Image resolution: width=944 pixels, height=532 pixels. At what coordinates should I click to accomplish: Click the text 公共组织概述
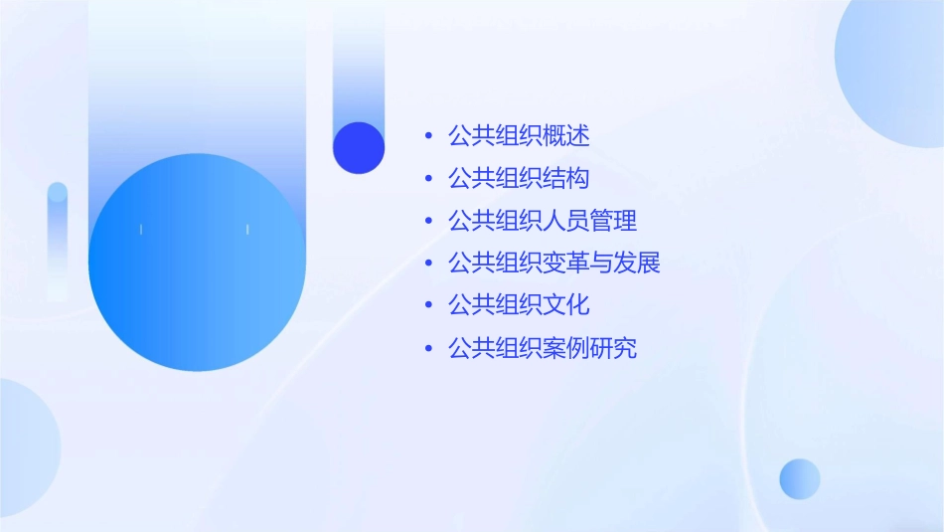519,135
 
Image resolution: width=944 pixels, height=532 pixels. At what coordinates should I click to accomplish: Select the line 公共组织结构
519,178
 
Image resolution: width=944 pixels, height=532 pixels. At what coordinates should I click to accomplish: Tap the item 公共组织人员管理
543,221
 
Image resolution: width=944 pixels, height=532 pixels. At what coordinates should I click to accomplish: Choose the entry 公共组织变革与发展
554,264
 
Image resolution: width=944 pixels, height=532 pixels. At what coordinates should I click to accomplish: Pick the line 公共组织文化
519,305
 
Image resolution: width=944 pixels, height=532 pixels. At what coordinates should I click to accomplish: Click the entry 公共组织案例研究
543,348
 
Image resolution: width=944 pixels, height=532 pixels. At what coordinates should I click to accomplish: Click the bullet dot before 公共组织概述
428,136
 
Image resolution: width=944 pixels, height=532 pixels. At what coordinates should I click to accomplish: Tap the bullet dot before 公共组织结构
428,179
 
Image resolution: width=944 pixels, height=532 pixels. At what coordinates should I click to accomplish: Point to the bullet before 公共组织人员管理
428,222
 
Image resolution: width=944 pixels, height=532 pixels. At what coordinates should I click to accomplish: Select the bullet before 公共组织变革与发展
428,265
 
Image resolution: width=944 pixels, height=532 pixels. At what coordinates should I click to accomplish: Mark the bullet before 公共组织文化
428,306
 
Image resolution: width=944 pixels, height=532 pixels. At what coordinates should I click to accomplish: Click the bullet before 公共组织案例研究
428,349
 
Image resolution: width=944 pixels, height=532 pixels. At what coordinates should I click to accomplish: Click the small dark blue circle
359,147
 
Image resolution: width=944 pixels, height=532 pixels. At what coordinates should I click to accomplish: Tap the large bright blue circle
197,263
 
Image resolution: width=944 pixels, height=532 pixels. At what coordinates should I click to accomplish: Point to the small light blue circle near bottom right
800,478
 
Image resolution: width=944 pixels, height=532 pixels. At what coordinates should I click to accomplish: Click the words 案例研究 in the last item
589,348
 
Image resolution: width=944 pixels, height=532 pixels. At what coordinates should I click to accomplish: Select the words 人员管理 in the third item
589,221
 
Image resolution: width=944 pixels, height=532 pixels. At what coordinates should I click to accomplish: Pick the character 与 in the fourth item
602,264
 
